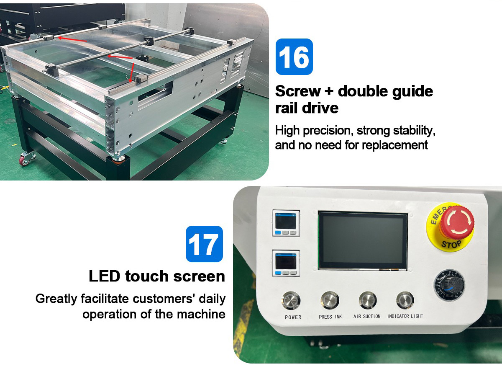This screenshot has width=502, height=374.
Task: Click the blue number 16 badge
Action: tap(294, 57)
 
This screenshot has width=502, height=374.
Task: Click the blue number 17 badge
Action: tap(204, 244)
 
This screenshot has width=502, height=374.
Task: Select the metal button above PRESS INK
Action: tap(330, 300)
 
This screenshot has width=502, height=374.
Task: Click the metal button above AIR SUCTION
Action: tap(368, 300)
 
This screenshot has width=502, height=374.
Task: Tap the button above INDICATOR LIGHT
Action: tap(405, 300)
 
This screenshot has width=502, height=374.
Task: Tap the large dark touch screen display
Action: tap(363, 241)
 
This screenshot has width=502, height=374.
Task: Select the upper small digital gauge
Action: tap(286, 223)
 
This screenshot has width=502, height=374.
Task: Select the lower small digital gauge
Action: tap(286, 263)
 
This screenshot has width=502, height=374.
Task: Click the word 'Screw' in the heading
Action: tap(298, 91)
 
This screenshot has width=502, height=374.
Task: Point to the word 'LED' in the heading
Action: tap(105, 276)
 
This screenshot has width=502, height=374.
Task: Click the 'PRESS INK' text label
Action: tap(330, 317)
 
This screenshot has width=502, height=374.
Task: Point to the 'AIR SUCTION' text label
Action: tap(367, 317)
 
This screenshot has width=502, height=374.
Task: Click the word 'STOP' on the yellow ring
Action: tap(451, 243)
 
